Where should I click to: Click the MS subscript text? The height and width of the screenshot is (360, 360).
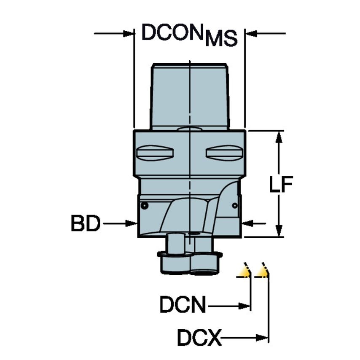point(220,39)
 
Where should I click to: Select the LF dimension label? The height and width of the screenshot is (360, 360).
point(281,184)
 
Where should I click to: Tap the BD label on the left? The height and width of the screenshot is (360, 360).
point(86,223)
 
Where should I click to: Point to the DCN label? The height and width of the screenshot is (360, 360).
point(183,305)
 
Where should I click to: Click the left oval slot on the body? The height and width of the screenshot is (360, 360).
point(155,152)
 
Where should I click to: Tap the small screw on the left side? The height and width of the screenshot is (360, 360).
point(144,206)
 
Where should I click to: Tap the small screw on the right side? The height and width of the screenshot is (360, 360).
point(235,205)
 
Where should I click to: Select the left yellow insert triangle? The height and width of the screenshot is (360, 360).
point(244,271)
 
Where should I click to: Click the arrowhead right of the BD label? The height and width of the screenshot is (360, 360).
point(132,223)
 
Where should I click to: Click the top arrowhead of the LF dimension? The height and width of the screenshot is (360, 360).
point(278,136)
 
